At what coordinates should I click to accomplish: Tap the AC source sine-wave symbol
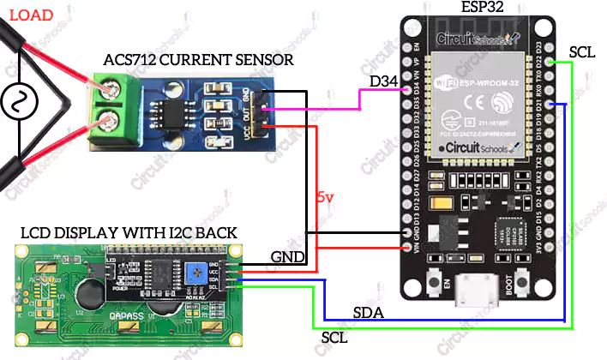15,103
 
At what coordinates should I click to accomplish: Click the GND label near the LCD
287,256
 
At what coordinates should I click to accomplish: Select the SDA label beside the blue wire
369,310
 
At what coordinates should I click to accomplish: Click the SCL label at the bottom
334,338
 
